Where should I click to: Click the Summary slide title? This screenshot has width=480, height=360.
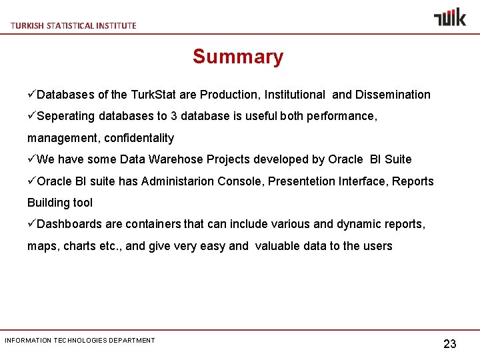(x=238, y=57)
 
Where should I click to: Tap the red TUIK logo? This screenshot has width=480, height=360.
(x=450, y=17)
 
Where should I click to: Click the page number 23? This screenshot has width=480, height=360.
(x=450, y=344)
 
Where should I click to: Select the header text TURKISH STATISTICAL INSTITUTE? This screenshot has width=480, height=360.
(x=73, y=25)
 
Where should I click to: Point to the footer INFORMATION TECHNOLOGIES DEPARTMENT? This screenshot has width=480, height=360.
(x=80, y=341)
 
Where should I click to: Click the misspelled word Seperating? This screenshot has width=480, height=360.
(x=67, y=116)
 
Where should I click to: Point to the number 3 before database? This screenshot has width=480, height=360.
(x=174, y=116)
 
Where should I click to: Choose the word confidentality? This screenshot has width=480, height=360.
(x=139, y=138)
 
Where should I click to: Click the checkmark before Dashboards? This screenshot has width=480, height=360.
(x=31, y=224)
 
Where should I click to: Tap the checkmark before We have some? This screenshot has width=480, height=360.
(x=31, y=159)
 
